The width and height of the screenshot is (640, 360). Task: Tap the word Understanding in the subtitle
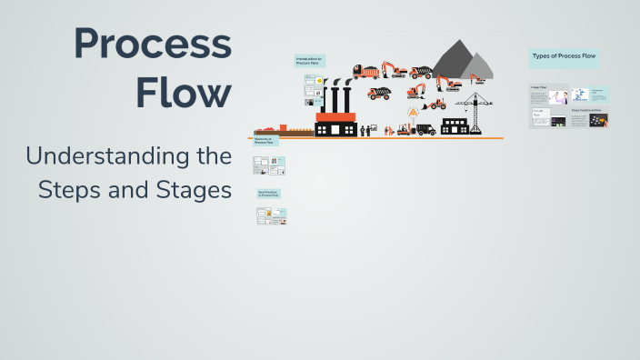tap(128, 156)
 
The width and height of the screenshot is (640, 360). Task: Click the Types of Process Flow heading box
tap(564, 57)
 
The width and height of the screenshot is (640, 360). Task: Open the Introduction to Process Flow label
tap(309, 61)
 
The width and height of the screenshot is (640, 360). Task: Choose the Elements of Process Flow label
tap(265, 141)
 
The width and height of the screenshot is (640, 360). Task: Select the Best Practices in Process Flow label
tap(269, 194)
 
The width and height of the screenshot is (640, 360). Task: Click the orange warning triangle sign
tap(413, 112)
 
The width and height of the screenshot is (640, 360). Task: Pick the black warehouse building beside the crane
tap(454, 125)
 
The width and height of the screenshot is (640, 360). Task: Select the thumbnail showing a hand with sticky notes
tap(598, 120)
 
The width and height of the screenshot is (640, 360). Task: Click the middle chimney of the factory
tap(335, 98)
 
